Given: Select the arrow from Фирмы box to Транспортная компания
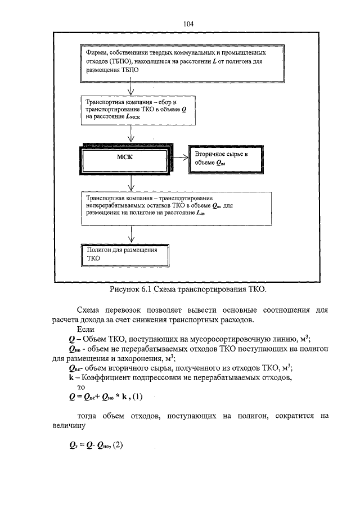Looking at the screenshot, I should (x=131, y=88).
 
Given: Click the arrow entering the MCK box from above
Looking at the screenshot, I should (x=131, y=134).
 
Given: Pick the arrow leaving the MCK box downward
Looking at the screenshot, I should (x=131, y=183).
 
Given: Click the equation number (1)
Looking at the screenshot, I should (x=138, y=397).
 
